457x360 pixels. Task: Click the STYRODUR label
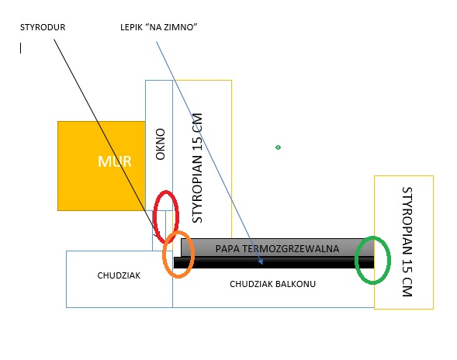(43, 27)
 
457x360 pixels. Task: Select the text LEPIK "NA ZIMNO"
(159, 27)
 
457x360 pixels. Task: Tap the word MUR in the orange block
(115, 161)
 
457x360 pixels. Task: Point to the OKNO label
(161, 144)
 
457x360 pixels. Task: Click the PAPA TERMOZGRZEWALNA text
(277, 248)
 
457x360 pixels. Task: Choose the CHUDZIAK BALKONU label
(272, 284)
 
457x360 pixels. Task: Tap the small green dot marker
(278, 147)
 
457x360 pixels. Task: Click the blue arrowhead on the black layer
(261, 261)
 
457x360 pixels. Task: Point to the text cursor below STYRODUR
(20, 48)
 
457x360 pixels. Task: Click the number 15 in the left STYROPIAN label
(197, 139)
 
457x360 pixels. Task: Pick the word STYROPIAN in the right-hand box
(407, 222)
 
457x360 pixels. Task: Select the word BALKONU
(296, 284)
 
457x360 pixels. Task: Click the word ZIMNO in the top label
(181, 27)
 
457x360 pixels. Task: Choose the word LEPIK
(132, 27)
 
